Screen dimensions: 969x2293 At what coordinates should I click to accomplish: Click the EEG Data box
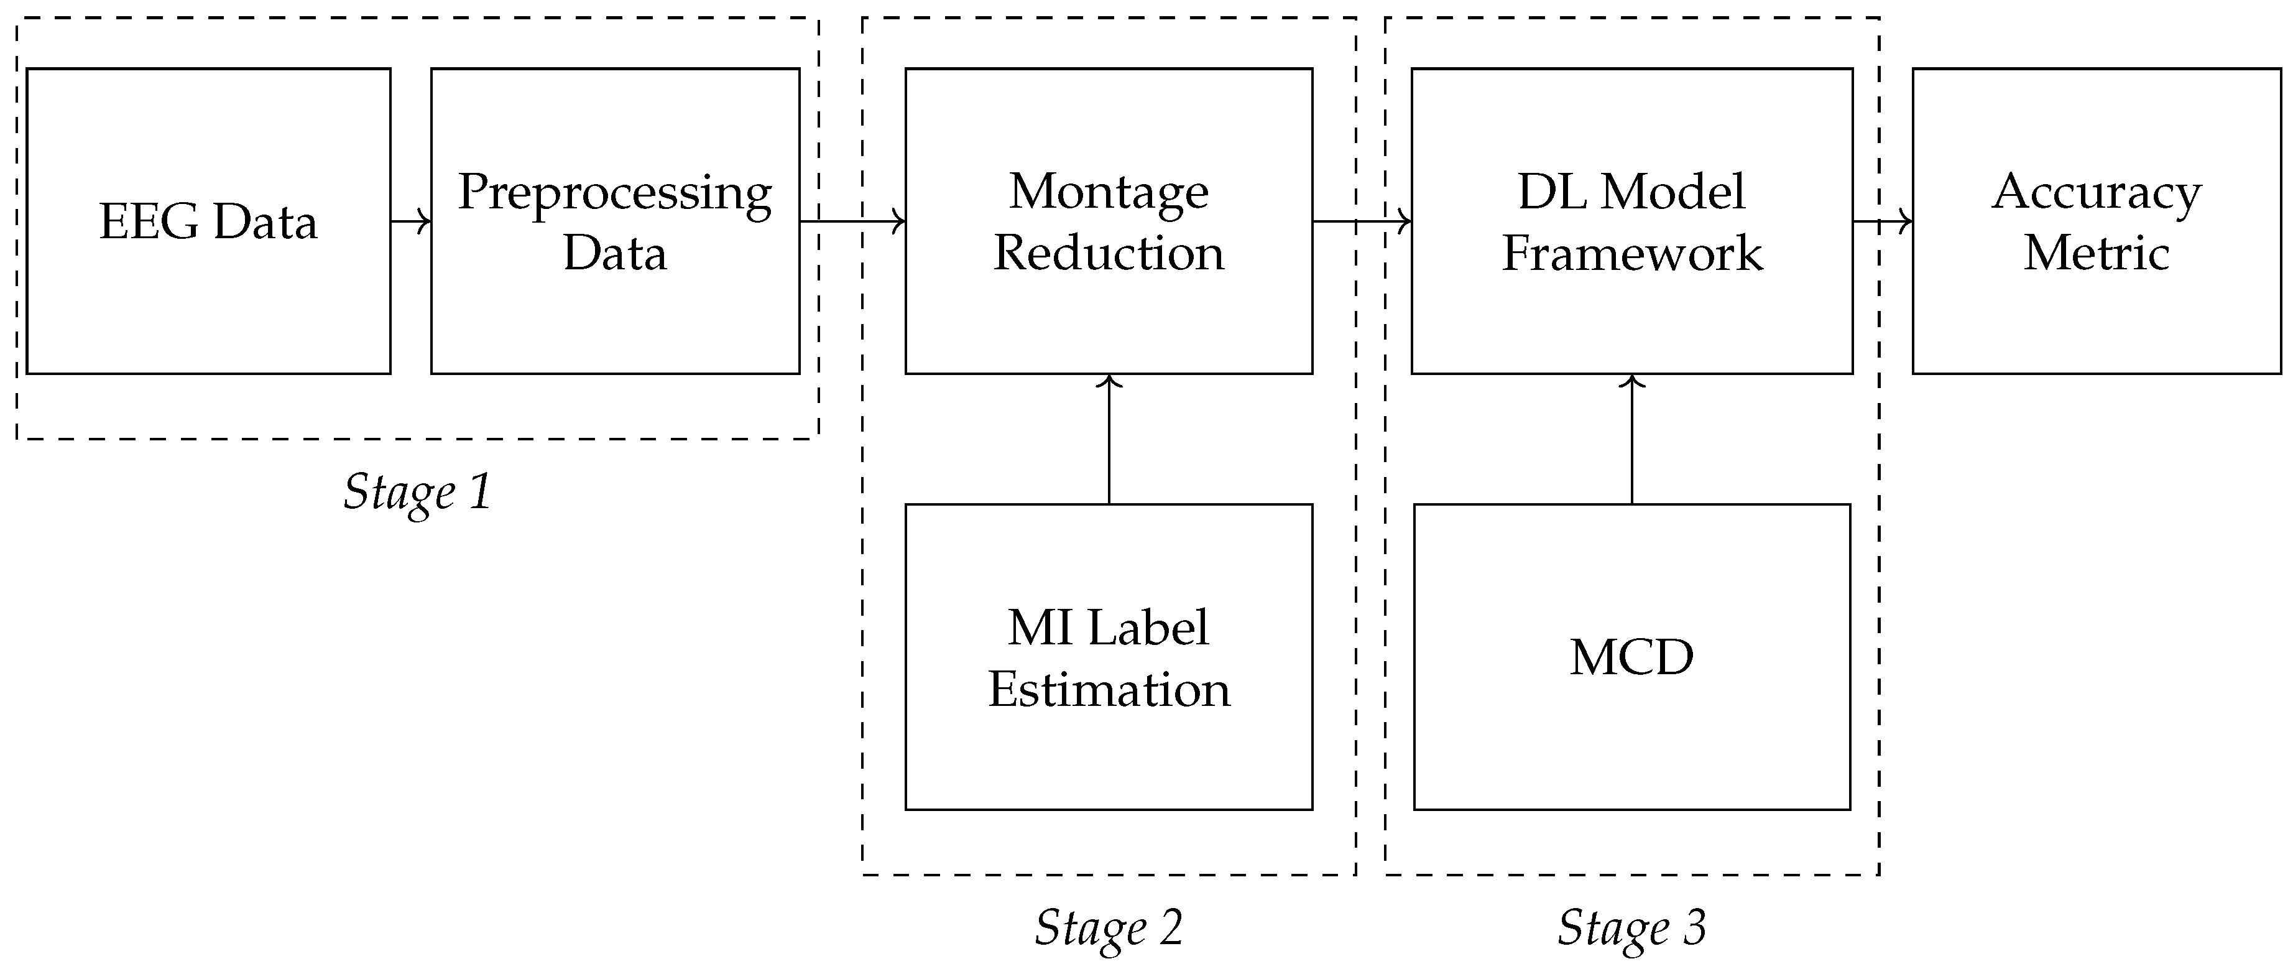pos(208,221)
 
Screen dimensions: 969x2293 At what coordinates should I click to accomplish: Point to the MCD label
pos(1631,657)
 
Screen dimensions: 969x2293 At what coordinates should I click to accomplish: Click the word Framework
pos(1631,253)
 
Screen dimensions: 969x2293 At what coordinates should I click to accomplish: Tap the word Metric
pos(2097,253)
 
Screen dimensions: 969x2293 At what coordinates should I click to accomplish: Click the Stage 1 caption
pos(417,491)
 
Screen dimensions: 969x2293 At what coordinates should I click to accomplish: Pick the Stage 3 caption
pos(1631,927)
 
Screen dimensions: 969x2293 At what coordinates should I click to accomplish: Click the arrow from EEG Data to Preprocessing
pos(411,221)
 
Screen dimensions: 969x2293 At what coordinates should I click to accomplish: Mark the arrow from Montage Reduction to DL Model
pos(1362,221)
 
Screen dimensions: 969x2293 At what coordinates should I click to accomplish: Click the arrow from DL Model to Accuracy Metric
pos(1883,221)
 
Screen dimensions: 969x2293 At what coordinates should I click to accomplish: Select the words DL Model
pos(1631,192)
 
